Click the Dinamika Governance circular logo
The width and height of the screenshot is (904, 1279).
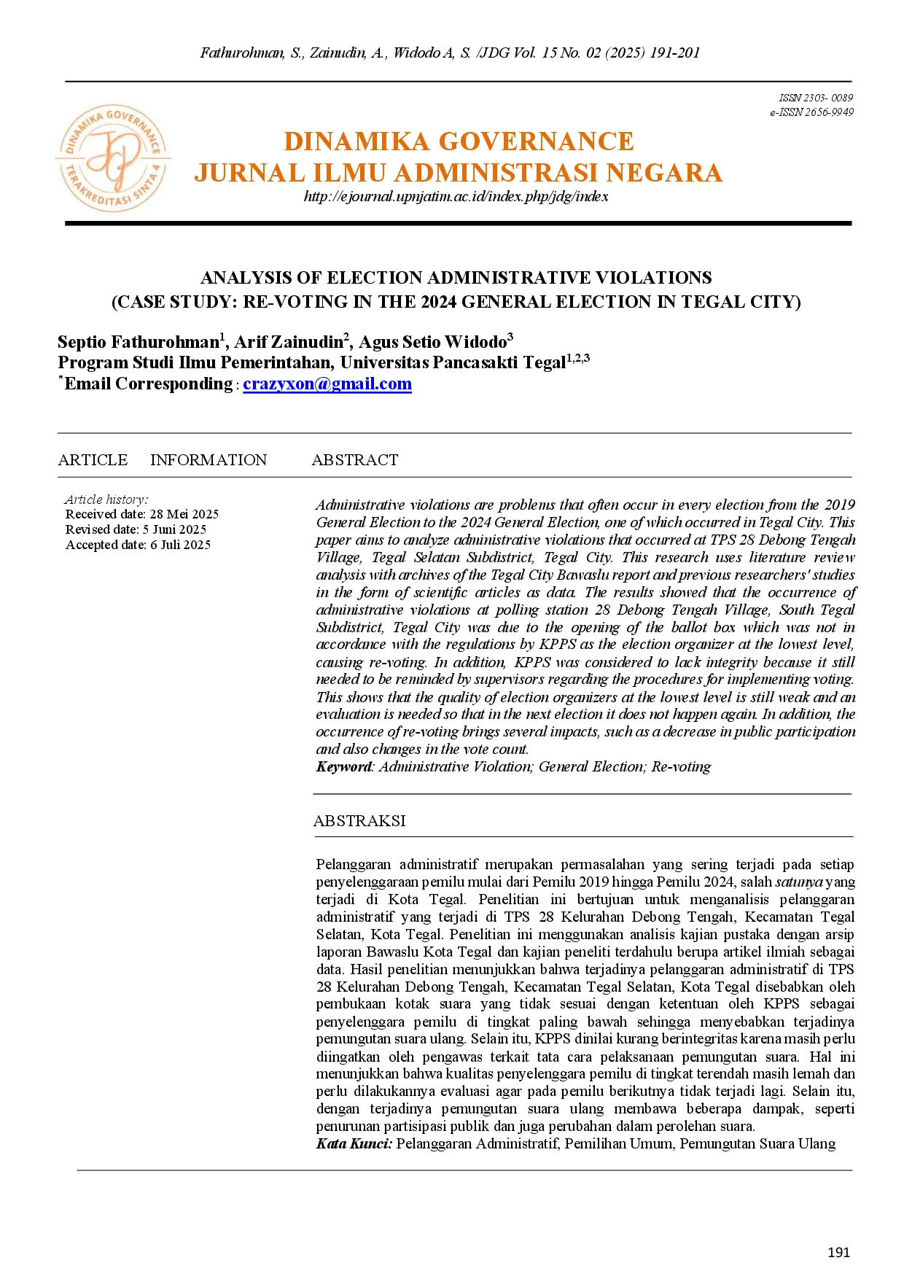click(113, 158)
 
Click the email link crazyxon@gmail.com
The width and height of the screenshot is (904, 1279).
click(327, 384)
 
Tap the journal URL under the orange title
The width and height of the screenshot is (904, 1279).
click(456, 196)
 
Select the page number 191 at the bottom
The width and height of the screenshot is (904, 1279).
click(838, 1252)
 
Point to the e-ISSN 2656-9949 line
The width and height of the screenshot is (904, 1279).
click(811, 112)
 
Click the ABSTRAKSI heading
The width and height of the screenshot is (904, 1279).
click(359, 821)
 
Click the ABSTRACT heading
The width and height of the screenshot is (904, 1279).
click(355, 460)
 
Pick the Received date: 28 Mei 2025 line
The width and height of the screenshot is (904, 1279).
click(142, 514)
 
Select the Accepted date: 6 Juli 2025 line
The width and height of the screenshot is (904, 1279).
click(138, 545)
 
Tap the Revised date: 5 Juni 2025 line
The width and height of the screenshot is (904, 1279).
click(136, 529)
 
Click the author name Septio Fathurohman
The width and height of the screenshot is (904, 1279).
click(139, 342)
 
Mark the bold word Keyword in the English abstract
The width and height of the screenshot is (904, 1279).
click(344, 766)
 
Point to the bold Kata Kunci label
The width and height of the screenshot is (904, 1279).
click(354, 1143)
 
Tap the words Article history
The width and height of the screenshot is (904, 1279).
click(106, 499)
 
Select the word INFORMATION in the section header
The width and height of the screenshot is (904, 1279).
click(209, 460)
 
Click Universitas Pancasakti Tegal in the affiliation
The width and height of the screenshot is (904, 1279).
click(452, 362)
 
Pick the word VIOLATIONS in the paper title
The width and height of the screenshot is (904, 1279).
click(653, 278)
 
